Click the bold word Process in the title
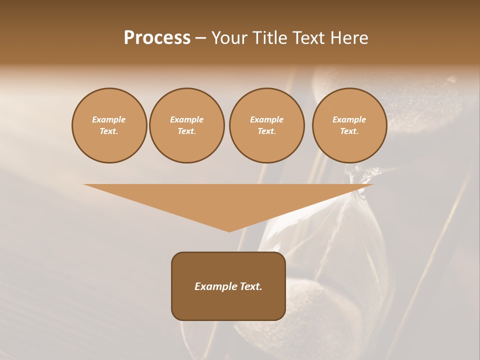point(157,38)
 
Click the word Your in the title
point(231,38)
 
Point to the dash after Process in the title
point(200,38)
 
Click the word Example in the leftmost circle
point(109,119)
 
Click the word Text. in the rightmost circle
point(349,131)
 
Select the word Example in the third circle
point(267,119)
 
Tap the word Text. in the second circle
point(187,131)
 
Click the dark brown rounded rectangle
point(228,305)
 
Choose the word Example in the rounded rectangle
point(214,286)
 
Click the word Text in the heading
point(310,38)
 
